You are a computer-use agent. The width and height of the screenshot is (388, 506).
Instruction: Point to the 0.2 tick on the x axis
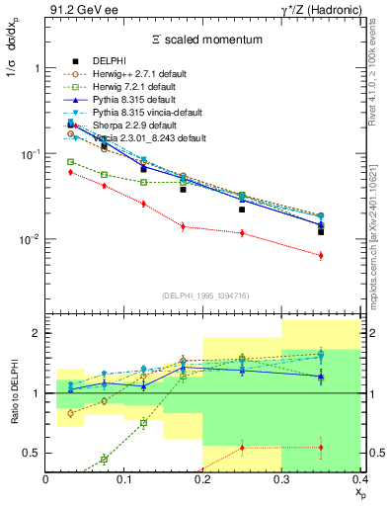203,479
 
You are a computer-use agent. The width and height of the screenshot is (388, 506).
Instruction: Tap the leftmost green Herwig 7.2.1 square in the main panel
70,161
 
